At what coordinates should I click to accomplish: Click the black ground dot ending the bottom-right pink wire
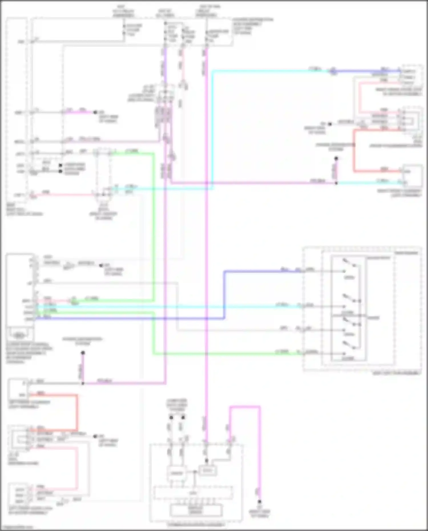point(259,501)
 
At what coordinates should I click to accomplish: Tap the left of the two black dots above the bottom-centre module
point(171,418)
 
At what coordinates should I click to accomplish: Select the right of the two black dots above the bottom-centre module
point(183,418)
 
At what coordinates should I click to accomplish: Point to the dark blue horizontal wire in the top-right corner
point(368,71)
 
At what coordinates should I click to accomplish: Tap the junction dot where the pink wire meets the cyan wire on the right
point(336,183)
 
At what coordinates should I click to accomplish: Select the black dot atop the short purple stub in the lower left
point(83,353)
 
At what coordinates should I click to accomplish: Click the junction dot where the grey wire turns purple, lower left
point(83,383)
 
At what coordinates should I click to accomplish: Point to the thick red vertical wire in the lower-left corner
point(77,412)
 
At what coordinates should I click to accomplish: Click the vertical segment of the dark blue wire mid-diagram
point(225,295)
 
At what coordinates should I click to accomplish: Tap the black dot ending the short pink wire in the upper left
point(96,112)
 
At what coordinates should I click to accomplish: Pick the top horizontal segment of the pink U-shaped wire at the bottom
point(245,407)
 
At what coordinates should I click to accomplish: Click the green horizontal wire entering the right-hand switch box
point(228,354)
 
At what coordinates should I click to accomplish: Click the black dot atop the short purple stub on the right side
point(336,158)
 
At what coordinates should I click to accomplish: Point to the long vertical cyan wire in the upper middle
point(212,128)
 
